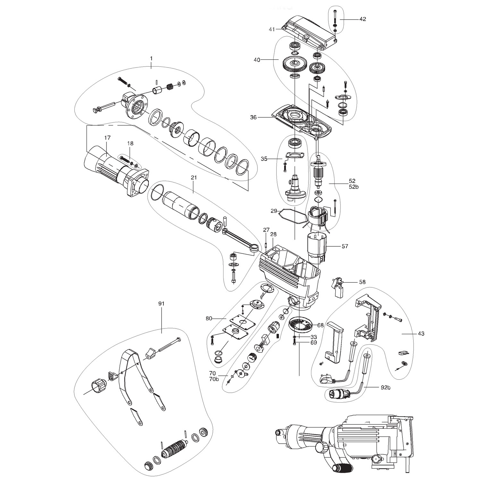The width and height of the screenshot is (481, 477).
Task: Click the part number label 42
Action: (x=362, y=19)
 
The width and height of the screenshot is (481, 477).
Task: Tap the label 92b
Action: (x=386, y=387)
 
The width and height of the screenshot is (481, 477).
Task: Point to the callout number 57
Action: (x=345, y=246)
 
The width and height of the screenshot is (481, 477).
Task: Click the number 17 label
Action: (x=107, y=138)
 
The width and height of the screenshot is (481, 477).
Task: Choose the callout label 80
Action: (x=209, y=319)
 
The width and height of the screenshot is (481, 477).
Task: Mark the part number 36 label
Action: (x=253, y=118)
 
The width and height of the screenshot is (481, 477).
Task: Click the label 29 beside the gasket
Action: (x=274, y=211)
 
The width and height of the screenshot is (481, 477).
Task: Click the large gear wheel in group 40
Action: (x=294, y=65)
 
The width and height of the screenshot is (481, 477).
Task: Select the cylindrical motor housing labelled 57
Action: (x=317, y=246)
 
